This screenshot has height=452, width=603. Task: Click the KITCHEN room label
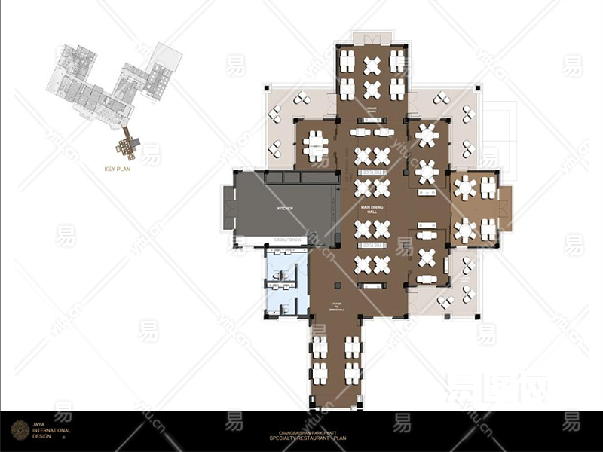click(x=284, y=207)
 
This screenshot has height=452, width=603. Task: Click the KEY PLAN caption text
click(x=119, y=169)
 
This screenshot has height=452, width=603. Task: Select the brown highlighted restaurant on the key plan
click(x=129, y=144)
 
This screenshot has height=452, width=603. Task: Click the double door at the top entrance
click(x=372, y=38)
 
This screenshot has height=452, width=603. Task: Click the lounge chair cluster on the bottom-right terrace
click(x=445, y=301)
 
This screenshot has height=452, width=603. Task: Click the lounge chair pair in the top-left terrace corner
click(x=301, y=97)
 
